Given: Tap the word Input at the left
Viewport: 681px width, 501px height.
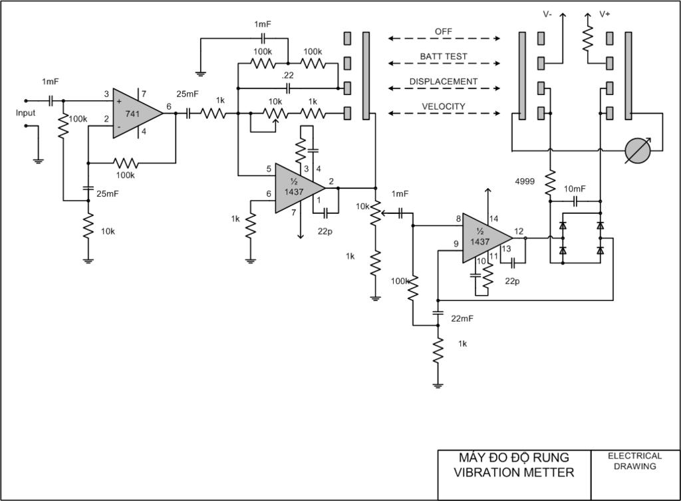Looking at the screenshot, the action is pos(25,113).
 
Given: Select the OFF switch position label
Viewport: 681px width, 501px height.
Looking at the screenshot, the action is pos(444,32).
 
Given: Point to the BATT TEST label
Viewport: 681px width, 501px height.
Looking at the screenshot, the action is pos(444,56).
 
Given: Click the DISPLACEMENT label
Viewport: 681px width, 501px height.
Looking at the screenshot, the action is pos(444,82).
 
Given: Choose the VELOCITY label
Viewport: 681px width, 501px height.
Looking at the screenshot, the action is pos(444,106).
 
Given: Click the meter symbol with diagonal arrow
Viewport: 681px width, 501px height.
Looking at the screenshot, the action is pos(638,151).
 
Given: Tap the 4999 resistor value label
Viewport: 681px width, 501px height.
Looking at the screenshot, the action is pos(525,181).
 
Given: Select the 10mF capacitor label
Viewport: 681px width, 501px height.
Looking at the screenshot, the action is pos(575,189).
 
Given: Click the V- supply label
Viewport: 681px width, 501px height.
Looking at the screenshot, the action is pos(547,15).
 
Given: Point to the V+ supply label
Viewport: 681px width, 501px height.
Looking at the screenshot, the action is pos(605,15).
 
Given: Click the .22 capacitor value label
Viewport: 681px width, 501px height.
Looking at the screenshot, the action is pos(287,75).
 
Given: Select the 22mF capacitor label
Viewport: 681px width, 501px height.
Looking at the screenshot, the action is pos(462,318).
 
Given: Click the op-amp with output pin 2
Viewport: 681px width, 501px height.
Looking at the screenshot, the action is pos(297,188).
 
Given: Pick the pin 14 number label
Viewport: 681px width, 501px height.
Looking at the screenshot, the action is pos(494,219).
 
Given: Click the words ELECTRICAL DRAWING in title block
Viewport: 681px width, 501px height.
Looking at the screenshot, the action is pos(634,461).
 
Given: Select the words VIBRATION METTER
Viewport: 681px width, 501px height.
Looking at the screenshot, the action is pos(514,472).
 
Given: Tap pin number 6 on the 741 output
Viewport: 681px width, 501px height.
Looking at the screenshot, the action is pos(169,106).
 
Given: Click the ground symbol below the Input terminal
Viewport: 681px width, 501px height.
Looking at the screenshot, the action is pos(38,161).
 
